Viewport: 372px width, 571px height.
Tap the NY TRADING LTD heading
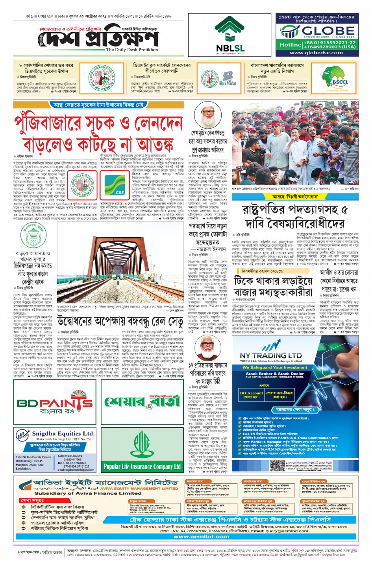271,355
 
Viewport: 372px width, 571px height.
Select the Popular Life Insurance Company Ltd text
142,467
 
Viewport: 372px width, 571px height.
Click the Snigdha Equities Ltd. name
63,433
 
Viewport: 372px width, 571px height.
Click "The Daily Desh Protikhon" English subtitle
132,50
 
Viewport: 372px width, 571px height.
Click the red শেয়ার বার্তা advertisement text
142,401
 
